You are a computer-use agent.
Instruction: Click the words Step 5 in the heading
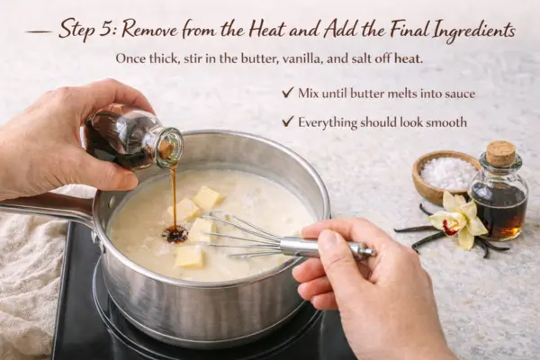click(x=86, y=30)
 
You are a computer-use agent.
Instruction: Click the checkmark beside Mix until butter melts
click(x=287, y=93)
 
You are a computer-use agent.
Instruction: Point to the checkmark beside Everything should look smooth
click(x=287, y=121)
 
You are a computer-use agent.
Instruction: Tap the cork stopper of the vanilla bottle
click(x=499, y=153)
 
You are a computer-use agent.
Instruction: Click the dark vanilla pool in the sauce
click(x=175, y=234)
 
